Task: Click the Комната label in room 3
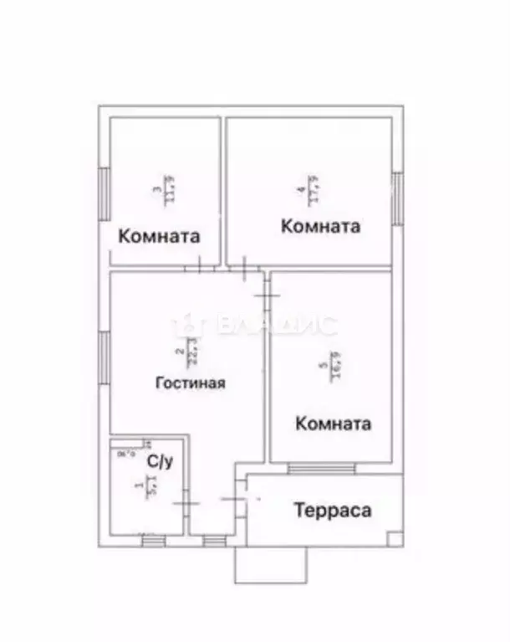click(x=160, y=236)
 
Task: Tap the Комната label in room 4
click(x=320, y=226)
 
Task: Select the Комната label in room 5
click(x=333, y=424)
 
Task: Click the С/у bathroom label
click(x=160, y=460)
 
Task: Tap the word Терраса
click(x=331, y=510)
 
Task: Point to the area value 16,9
click(x=334, y=366)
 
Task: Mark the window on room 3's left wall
click(x=105, y=193)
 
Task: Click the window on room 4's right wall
click(x=397, y=198)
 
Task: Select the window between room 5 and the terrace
click(x=321, y=469)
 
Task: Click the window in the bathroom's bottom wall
click(x=153, y=541)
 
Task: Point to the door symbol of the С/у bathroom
click(x=185, y=503)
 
